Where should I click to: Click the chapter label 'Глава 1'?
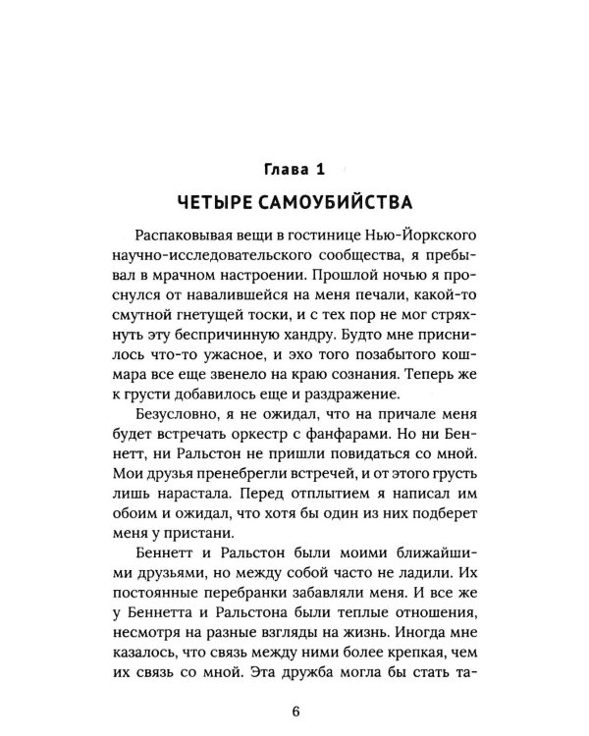tap(294, 170)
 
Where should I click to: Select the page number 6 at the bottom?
tap(294, 709)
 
